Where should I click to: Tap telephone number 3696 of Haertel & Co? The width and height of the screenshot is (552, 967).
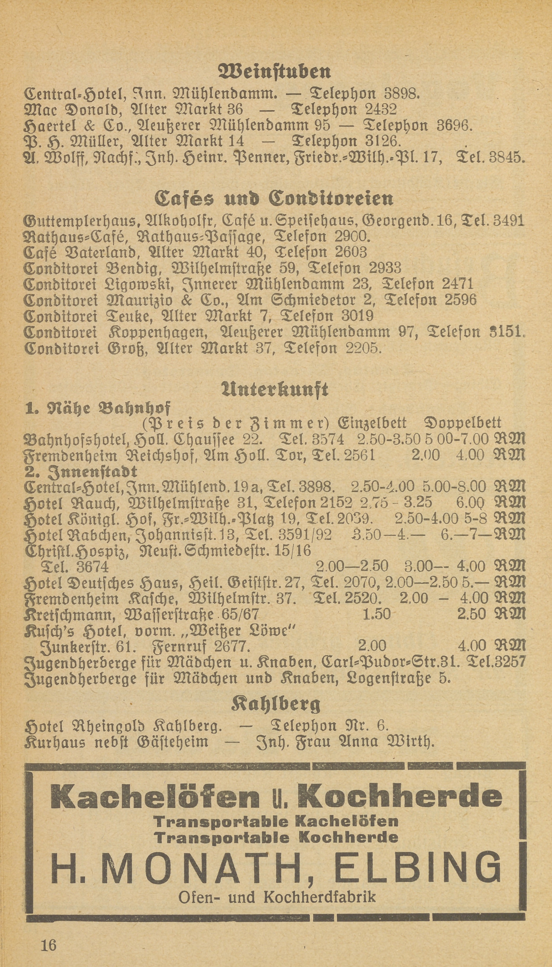click(x=455, y=125)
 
